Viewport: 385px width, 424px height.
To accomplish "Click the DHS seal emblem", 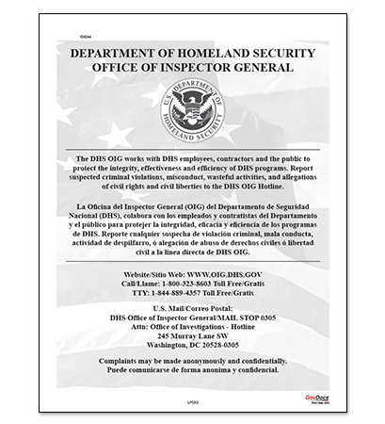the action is tap(192, 106).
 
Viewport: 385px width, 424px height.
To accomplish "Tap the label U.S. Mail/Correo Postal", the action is tap(192, 308).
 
